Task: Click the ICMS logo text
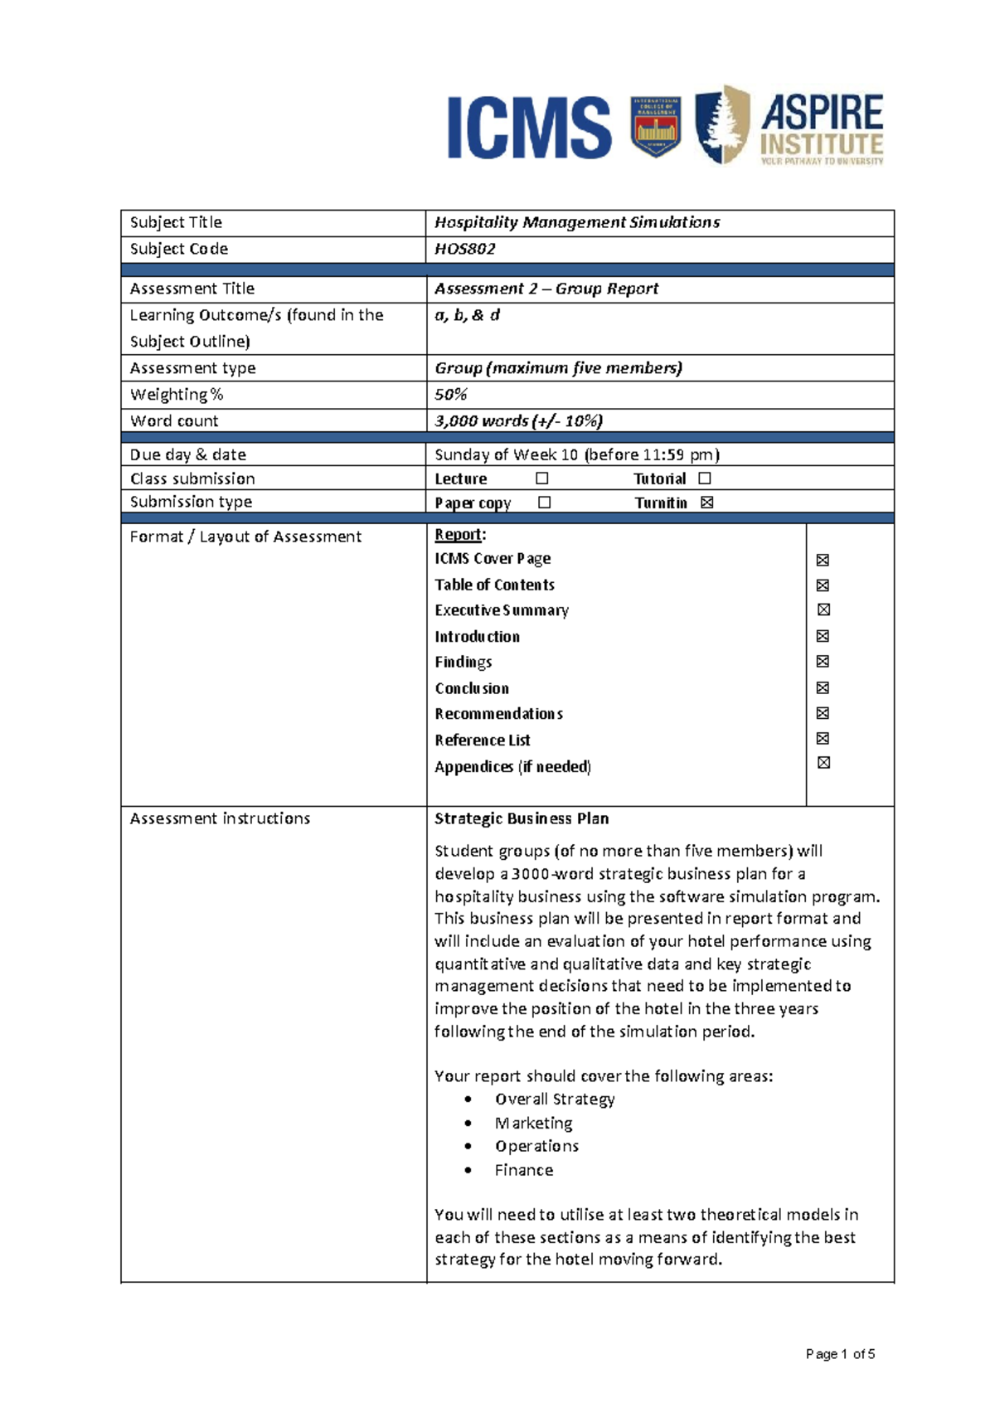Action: (x=529, y=127)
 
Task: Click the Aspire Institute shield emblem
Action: (x=721, y=124)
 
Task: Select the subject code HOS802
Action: (x=465, y=249)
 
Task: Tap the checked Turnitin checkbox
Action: (x=706, y=503)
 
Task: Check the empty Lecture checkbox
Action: (x=542, y=478)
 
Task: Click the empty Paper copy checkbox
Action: (x=544, y=503)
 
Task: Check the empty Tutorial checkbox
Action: (x=705, y=478)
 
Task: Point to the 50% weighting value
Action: (x=451, y=395)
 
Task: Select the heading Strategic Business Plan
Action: (x=522, y=818)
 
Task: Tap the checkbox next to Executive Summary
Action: (x=823, y=609)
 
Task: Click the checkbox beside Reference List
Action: (x=823, y=738)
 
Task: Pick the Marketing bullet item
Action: (x=533, y=1123)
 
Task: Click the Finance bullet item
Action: (x=524, y=1170)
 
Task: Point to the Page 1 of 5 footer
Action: (x=840, y=1354)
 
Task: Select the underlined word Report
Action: (x=459, y=535)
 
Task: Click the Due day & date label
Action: (x=188, y=454)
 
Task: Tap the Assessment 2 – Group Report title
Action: (x=546, y=289)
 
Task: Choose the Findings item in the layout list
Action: (x=464, y=662)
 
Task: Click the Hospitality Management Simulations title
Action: (x=577, y=222)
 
